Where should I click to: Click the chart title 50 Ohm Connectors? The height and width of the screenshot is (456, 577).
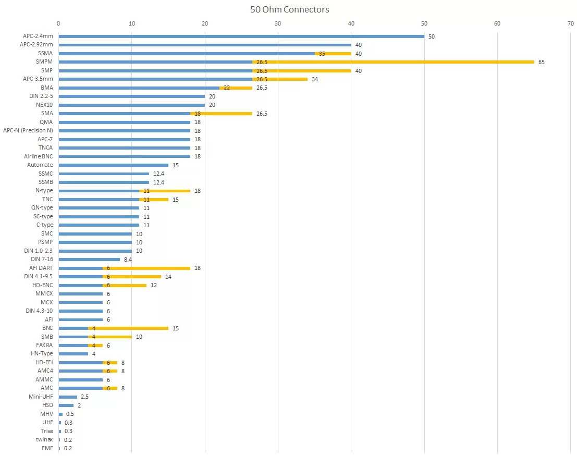coord(289,9)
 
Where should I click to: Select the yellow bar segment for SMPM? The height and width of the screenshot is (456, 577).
coord(394,62)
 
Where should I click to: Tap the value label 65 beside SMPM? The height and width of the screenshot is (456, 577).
coord(542,62)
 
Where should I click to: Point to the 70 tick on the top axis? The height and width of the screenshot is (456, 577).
coord(571,23)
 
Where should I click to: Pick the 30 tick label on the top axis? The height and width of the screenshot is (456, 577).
coord(278,23)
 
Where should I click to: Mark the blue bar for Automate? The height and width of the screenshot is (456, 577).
coord(113,165)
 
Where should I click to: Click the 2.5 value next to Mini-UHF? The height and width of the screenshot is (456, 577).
coord(84,397)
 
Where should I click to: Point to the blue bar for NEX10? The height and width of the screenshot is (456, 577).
coord(131,105)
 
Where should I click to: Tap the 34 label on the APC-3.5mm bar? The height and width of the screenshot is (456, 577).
coord(314,79)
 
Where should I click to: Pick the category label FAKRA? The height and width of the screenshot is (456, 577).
coord(44,345)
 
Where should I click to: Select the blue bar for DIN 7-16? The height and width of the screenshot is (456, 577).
coord(89,260)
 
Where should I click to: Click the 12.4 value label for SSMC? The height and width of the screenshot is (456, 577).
coord(158,174)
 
